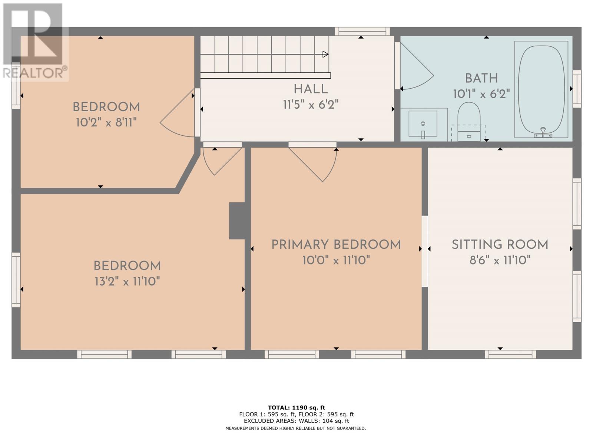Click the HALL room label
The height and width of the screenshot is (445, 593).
click(311, 89)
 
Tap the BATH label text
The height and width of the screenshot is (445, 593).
click(481, 78)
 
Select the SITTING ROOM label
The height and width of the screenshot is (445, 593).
click(500, 245)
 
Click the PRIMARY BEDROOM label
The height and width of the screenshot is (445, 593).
click(336, 245)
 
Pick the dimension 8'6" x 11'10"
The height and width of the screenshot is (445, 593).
click(500, 260)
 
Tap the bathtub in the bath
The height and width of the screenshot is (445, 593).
click(541, 89)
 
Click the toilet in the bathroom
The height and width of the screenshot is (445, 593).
click(469, 122)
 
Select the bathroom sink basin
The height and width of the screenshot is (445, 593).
click(423, 123)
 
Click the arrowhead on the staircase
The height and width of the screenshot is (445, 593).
click(325, 54)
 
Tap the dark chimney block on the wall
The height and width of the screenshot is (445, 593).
click(237, 221)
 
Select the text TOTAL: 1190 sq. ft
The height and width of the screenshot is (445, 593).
click(296, 408)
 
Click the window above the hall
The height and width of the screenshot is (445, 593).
click(362, 32)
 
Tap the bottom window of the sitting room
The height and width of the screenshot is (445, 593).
click(510, 354)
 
